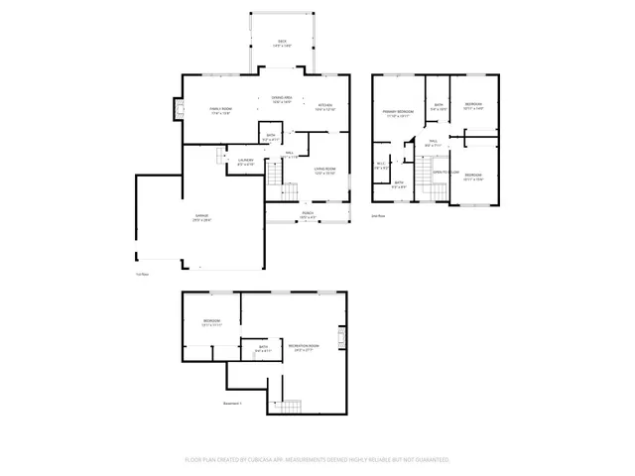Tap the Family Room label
click(x=220, y=110)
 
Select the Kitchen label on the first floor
click(x=325, y=106)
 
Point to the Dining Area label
click(x=283, y=99)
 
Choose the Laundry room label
click(x=246, y=161)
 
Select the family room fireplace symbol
click(x=180, y=110)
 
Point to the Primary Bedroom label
click(x=399, y=113)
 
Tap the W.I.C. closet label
click(x=381, y=167)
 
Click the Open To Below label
click(x=443, y=173)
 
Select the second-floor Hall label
click(x=434, y=144)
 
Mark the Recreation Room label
click(x=303, y=347)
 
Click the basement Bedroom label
click(x=211, y=322)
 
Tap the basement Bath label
click(x=263, y=349)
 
